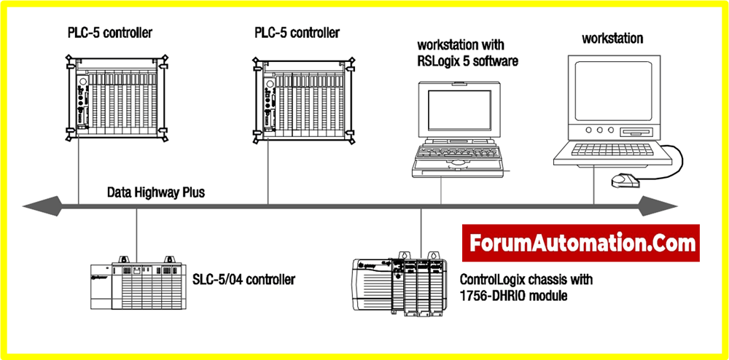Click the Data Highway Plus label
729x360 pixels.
tap(156, 193)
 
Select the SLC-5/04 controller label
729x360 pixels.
tap(243, 279)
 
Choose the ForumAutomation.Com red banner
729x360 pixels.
tap(581, 243)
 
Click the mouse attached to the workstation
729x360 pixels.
tap(620, 181)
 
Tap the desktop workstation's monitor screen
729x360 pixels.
tap(610, 90)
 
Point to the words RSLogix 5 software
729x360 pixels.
tap(467, 61)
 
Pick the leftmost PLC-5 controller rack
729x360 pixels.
tap(116, 99)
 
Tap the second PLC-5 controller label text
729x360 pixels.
tap(297, 33)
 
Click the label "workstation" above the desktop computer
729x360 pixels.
tap(612, 38)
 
